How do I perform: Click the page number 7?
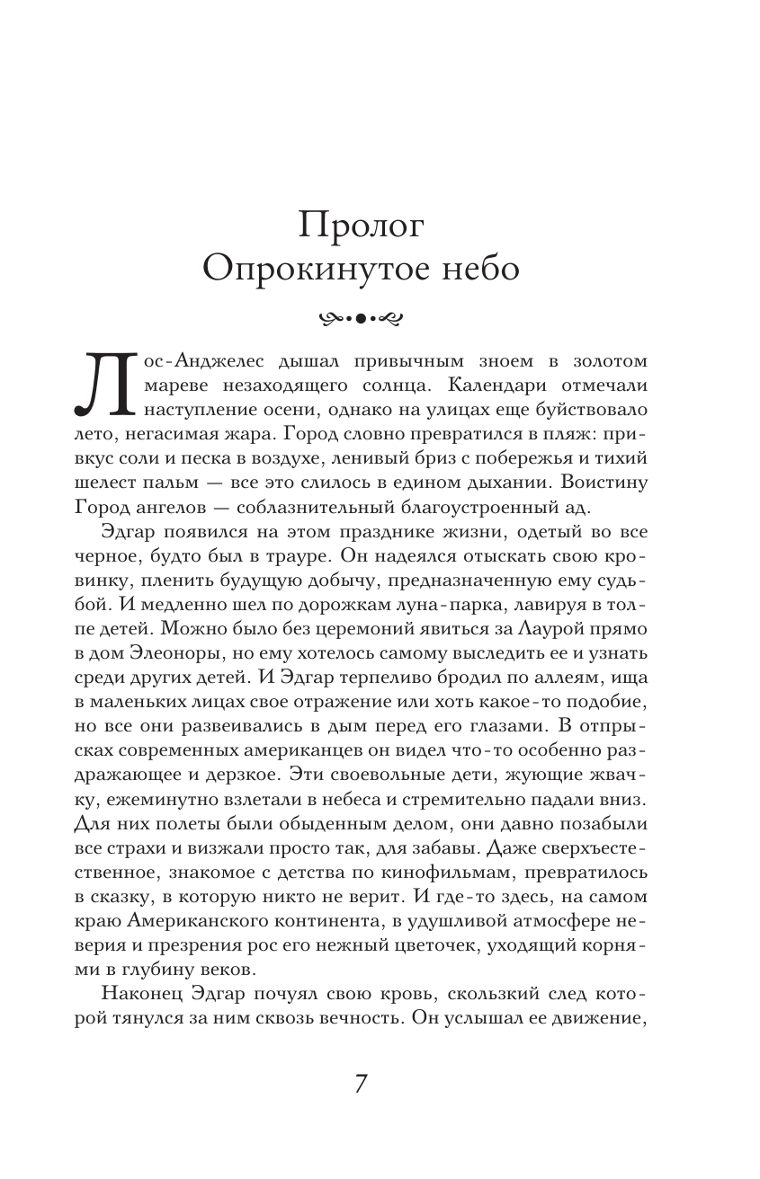pos(361,1083)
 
